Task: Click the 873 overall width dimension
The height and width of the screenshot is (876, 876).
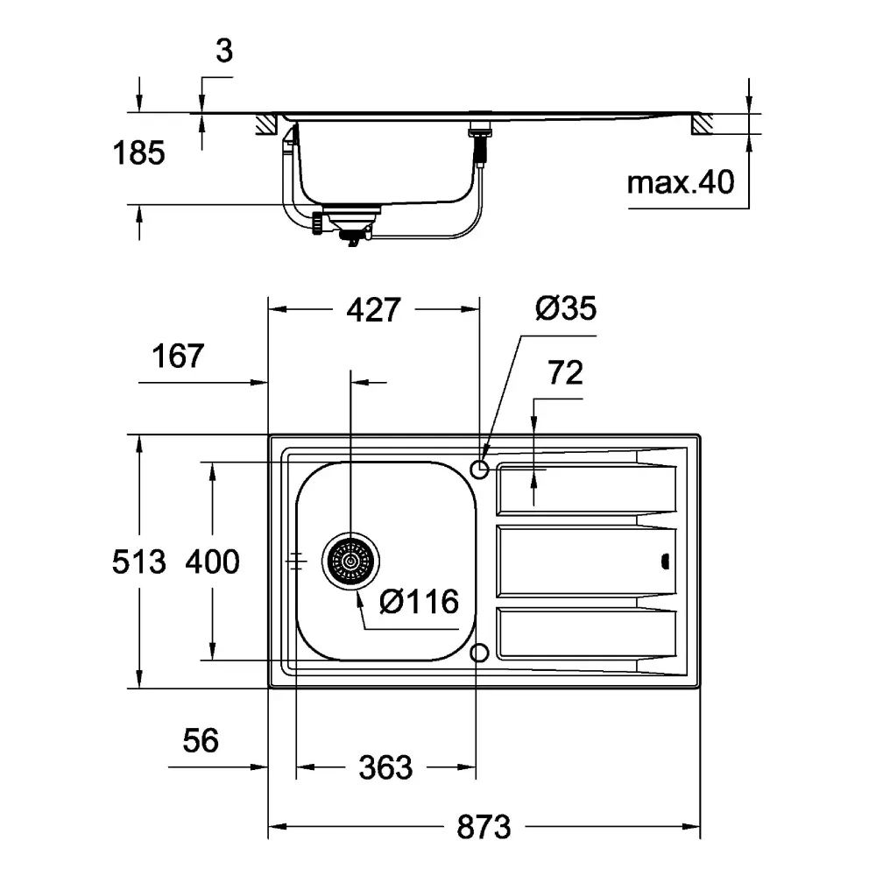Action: click(x=484, y=828)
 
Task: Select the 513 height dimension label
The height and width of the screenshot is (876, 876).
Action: click(x=139, y=562)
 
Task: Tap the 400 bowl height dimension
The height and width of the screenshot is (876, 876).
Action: click(x=212, y=562)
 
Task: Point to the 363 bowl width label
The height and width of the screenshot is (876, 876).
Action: click(x=385, y=767)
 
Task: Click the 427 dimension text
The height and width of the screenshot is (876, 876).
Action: click(x=373, y=309)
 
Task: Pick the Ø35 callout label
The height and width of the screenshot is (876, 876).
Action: click(x=565, y=307)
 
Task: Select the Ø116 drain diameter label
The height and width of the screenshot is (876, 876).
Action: click(x=419, y=601)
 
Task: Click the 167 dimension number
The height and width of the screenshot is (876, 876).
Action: click(x=178, y=356)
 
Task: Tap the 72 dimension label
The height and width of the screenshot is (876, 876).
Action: click(x=565, y=372)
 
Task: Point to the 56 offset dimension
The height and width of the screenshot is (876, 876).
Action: click(x=201, y=741)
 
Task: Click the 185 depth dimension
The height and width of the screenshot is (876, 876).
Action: click(x=138, y=152)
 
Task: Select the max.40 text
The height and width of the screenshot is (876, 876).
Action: click(x=681, y=182)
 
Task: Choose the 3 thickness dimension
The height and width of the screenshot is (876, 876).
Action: click(x=224, y=51)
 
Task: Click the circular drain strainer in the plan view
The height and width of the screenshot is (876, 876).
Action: click(x=350, y=561)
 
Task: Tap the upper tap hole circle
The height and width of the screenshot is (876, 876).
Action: click(x=479, y=470)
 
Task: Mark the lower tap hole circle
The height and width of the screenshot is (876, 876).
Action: click(x=479, y=653)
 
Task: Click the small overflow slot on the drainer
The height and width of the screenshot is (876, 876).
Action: click(x=665, y=562)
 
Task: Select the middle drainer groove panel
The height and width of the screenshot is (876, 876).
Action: click(x=586, y=561)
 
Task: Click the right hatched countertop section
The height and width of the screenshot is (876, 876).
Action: click(x=703, y=124)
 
